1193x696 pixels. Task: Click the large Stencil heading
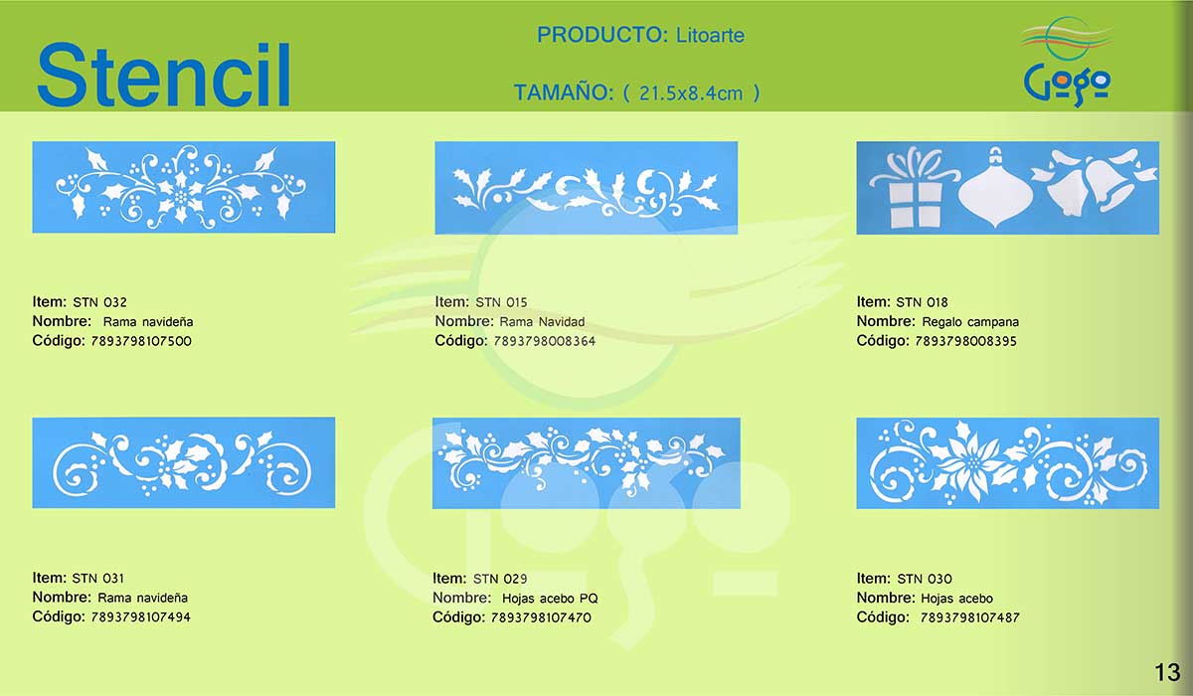click(163, 75)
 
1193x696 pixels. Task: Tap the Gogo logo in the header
click(1067, 62)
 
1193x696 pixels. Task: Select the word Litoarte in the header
click(710, 35)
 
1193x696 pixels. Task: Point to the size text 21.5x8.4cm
click(691, 93)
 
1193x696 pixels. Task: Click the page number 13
click(1167, 672)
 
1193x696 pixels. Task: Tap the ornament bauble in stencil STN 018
click(995, 188)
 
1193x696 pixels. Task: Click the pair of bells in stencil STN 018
click(1094, 181)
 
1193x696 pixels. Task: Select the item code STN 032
click(100, 302)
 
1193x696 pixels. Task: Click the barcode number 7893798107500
click(141, 341)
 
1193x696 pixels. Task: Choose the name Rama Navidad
click(542, 321)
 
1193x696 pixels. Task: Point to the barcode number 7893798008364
click(545, 341)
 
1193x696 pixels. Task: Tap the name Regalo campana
click(970, 321)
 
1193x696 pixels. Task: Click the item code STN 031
click(98, 579)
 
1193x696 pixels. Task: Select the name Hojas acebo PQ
click(550, 598)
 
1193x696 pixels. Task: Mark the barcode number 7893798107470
click(541, 617)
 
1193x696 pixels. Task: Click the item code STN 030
click(925, 579)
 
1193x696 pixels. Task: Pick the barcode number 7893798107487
click(970, 617)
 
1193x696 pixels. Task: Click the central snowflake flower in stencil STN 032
click(182, 196)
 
